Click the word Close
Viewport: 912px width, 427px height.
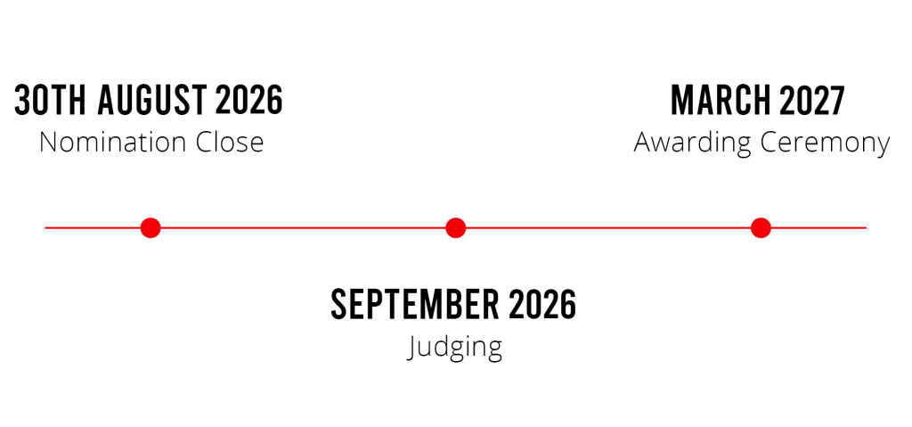coord(229,143)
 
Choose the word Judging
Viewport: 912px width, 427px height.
coord(455,347)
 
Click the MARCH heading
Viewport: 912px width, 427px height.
coord(721,101)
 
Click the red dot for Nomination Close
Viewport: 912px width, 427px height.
coord(151,228)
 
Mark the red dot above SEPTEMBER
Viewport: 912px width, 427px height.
coord(456,228)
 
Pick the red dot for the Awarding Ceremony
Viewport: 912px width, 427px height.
coord(760,228)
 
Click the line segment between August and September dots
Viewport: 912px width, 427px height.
coord(303,228)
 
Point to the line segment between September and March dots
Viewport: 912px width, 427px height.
coord(607,228)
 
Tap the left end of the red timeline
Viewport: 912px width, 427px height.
coord(47,228)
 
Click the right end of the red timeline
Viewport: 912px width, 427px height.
coord(865,228)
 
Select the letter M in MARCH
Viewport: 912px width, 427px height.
coord(682,101)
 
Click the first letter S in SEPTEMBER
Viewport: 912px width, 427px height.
coord(339,306)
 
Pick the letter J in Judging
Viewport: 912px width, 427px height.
coord(410,345)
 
